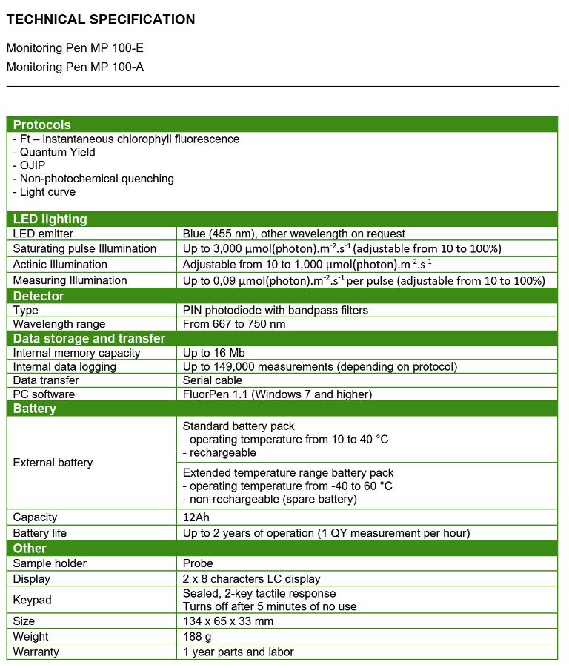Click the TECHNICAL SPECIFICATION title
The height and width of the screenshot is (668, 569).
coord(101,19)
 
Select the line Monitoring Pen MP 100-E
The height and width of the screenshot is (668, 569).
coord(75,48)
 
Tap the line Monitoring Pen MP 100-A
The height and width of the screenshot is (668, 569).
coord(75,67)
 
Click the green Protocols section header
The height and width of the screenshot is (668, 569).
coord(42,125)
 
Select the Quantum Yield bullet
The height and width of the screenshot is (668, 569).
coord(54,152)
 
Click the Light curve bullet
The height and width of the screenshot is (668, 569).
coord(44,192)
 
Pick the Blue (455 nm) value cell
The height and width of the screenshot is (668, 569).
coord(293,234)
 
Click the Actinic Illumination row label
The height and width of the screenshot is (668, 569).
coord(60,265)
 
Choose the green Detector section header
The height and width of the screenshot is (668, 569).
coord(39,296)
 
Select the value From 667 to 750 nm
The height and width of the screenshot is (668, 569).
coord(234,324)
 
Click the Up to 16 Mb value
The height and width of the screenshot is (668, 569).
coord(213,353)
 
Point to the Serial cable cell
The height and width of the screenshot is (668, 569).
coord(213,380)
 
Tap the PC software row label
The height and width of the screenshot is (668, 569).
coord(44,394)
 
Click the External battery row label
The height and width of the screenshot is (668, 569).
coord(53,463)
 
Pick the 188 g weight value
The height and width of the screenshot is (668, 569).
coord(198,637)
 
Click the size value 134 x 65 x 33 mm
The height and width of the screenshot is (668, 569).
coord(228,621)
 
